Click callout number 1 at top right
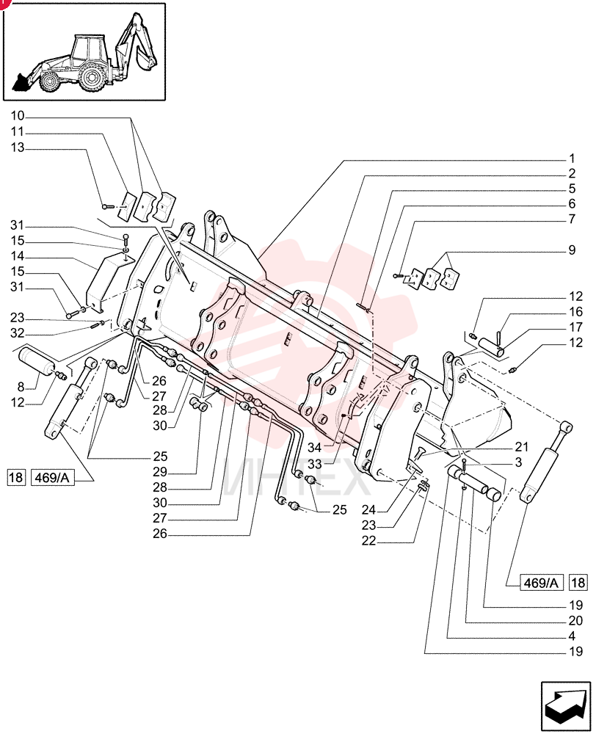(572, 159)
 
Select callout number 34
(315, 448)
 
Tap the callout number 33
(315, 465)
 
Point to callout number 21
(522, 447)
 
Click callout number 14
(18, 256)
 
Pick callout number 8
(21, 387)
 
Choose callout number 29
(160, 472)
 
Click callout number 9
(572, 250)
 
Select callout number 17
(576, 327)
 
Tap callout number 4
(572, 636)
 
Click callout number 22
(369, 540)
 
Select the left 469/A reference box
(53, 478)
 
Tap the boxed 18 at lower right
(578, 582)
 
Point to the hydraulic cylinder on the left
(71, 399)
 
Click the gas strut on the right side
(546, 462)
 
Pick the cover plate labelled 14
(110, 280)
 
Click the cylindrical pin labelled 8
(37, 361)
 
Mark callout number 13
(18, 148)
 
